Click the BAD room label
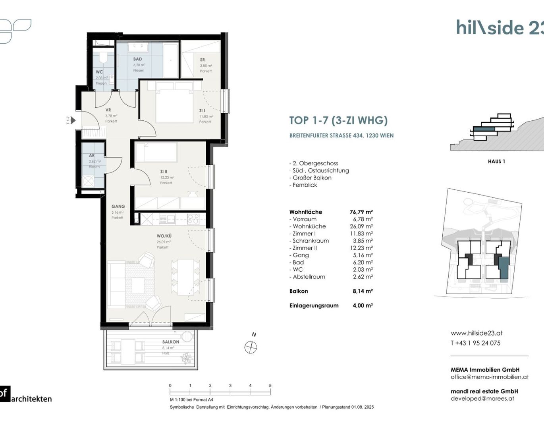tap(137, 59)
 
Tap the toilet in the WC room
tap(104, 58)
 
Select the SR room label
tap(203, 60)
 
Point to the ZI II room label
tap(164, 172)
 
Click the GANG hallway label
tap(118, 207)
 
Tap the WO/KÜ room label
tap(164, 236)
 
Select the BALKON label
tap(170, 342)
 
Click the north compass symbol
tap(251, 348)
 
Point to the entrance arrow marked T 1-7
tap(72, 120)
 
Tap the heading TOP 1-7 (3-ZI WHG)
tap(338, 120)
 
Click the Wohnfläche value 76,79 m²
tap(361, 212)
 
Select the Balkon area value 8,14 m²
tap(363, 291)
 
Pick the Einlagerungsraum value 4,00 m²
tap(363, 305)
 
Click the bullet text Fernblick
tap(305, 185)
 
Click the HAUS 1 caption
tap(496, 161)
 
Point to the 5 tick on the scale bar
tap(270, 386)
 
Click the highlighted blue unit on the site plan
tap(503, 268)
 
